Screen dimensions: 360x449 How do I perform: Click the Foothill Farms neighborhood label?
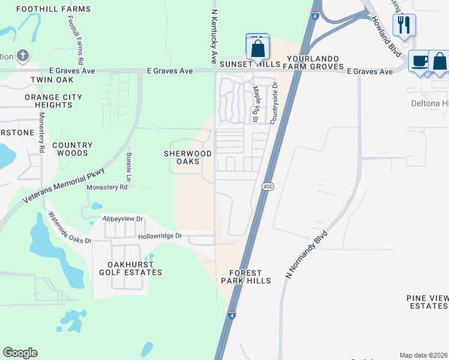point(54,9)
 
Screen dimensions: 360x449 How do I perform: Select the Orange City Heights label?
point(49,101)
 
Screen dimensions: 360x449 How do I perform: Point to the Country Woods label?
point(72,149)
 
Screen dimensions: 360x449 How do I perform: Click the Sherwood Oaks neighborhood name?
point(188,157)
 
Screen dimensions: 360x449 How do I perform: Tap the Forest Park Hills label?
point(245,276)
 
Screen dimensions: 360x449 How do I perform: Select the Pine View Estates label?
point(427,302)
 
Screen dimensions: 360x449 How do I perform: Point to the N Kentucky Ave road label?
point(213,36)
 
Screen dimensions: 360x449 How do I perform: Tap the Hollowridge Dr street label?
point(160,236)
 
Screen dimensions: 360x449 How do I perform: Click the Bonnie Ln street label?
point(128,167)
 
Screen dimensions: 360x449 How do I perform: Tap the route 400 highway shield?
point(268,187)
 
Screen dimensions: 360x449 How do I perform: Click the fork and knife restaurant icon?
point(404,25)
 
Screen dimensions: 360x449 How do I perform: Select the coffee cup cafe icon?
point(420,61)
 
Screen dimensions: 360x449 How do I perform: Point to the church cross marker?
point(23,56)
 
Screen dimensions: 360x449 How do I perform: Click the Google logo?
point(20,352)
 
